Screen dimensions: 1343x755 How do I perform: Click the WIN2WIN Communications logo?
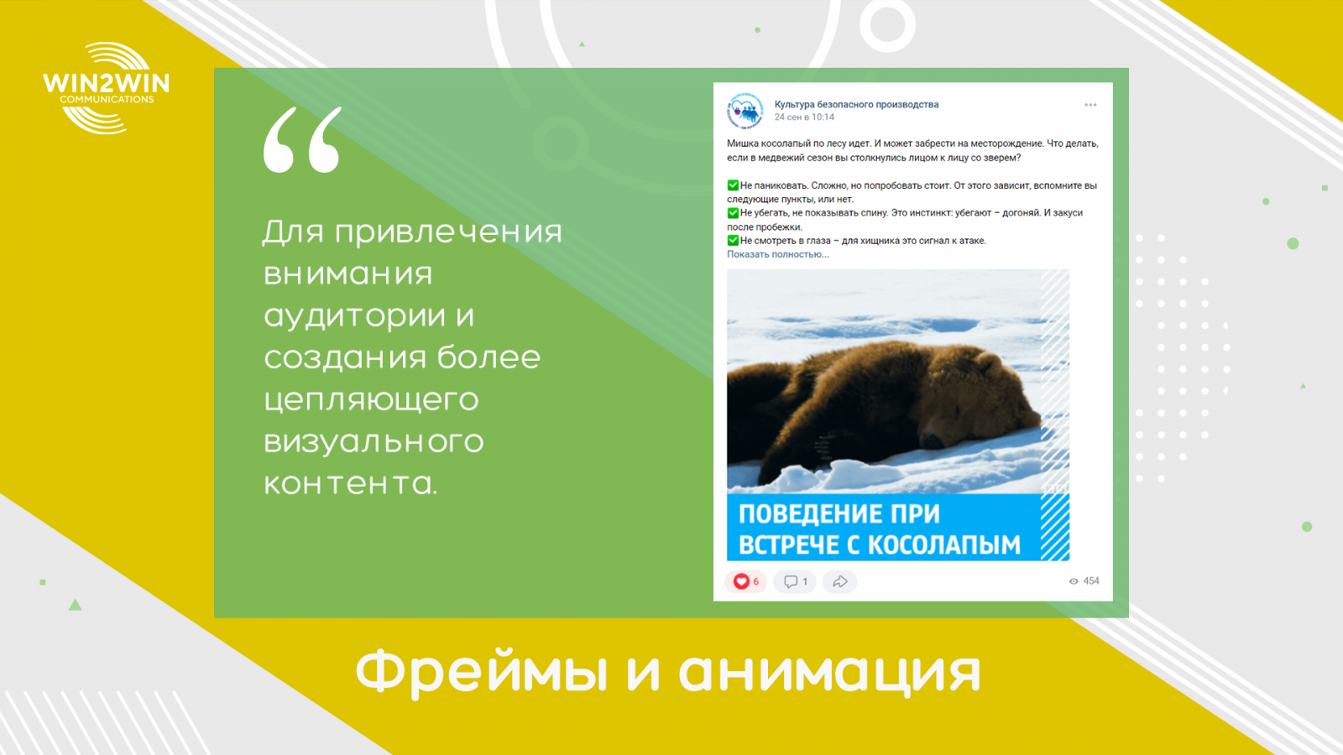click(106, 88)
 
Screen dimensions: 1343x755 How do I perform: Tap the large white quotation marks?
click(303, 140)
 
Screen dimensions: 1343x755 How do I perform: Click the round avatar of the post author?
click(745, 111)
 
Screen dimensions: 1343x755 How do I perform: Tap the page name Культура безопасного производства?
click(856, 104)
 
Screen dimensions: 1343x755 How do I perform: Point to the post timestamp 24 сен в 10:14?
click(804, 117)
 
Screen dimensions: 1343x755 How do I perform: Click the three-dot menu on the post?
click(1090, 105)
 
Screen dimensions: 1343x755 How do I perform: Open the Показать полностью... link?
click(777, 255)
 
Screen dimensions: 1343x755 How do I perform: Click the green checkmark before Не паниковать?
click(733, 185)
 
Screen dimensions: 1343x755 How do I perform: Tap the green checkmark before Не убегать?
click(733, 213)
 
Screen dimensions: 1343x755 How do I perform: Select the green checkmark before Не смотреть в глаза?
click(733, 240)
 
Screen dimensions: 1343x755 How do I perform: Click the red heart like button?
click(742, 581)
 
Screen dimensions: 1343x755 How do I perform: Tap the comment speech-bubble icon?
click(791, 581)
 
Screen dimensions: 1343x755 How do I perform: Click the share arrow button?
click(840, 581)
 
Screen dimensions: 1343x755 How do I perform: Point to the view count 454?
click(1091, 581)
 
